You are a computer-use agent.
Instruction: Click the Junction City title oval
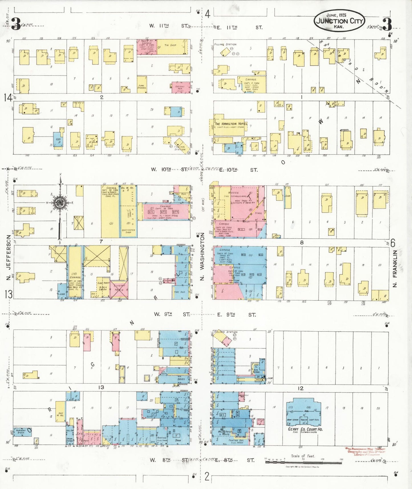tap(339, 21)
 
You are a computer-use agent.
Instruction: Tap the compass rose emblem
tap(61, 203)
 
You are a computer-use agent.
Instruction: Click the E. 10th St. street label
tap(238, 170)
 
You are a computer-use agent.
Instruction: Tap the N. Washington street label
tap(202, 256)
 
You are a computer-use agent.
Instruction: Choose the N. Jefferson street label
tap(9, 257)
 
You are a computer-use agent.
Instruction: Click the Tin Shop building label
tap(171, 45)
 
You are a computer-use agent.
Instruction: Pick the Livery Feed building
tap(119, 288)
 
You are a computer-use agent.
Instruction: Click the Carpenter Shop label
tap(128, 231)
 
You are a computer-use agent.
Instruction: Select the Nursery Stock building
tap(21, 432)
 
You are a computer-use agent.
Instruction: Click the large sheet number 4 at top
tap(207, 14)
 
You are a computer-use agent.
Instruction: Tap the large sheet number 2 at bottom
tap(207, 476)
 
